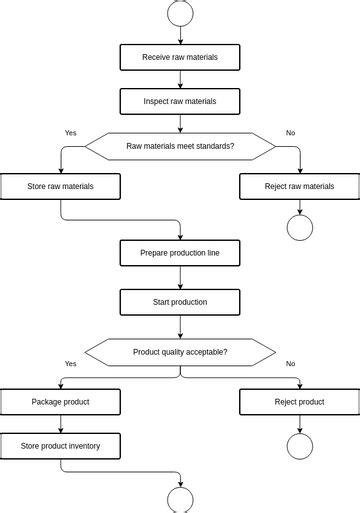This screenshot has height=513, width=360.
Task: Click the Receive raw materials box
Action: pos(180,57)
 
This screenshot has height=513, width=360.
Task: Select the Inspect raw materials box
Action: pos(180,101)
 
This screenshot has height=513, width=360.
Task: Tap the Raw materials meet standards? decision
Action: pos(180,146)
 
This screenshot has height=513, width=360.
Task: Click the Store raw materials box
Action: pos(60,186)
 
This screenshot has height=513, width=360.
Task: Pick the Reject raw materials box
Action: pos(300,186)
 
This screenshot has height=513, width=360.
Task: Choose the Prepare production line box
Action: pos(180,253)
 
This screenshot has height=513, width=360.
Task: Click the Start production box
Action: pos(180,301)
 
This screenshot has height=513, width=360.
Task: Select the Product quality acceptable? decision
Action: pos(180,352)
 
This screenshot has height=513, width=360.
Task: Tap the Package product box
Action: pos(60,402)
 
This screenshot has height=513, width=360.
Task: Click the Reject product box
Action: pos(300,402)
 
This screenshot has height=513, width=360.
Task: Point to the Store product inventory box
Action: pos(60,446)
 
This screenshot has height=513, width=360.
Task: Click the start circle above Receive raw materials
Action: pos(180,12)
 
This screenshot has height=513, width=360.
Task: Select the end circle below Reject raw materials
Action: pos(300,228)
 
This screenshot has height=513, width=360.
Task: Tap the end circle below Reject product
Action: pos(300,446)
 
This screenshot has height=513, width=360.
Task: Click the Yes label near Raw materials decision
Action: pos(70,133)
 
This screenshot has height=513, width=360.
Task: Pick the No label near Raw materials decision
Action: pos(290,133)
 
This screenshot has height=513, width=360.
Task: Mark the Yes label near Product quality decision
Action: pos(70,364)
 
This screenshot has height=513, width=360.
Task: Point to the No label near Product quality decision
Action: pos(290,364)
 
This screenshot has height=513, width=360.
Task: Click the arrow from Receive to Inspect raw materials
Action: pos(180,79)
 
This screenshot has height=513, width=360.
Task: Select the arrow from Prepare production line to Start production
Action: pos(180,277)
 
